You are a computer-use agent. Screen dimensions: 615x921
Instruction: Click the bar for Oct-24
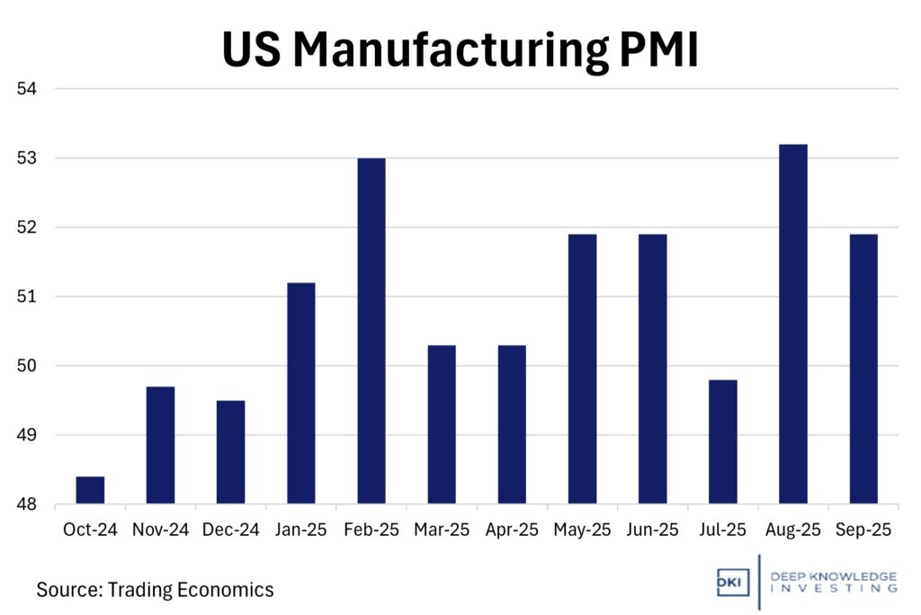click(x=90, y=490)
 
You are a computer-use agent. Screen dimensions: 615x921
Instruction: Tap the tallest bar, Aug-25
click(x=793, y=324)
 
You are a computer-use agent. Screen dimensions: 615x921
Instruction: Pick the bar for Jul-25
click(x=723, y=441)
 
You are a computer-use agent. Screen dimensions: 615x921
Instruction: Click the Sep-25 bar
click(x=863, y=369)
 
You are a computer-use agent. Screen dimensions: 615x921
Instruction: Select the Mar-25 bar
click(x=442, y=424)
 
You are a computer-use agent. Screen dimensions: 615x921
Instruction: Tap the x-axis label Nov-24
click(x=160, y=530)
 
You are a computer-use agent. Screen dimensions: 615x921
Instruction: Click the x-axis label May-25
click(x=582, y=530)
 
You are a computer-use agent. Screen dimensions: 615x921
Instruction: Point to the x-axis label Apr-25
click(x=512, y=530)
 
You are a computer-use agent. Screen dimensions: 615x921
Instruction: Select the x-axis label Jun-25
click(x=653, y=530)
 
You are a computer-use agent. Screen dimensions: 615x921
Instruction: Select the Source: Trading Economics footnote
click(x=155, y=590)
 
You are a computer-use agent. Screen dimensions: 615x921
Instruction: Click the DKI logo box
click(x=727, y=583)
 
